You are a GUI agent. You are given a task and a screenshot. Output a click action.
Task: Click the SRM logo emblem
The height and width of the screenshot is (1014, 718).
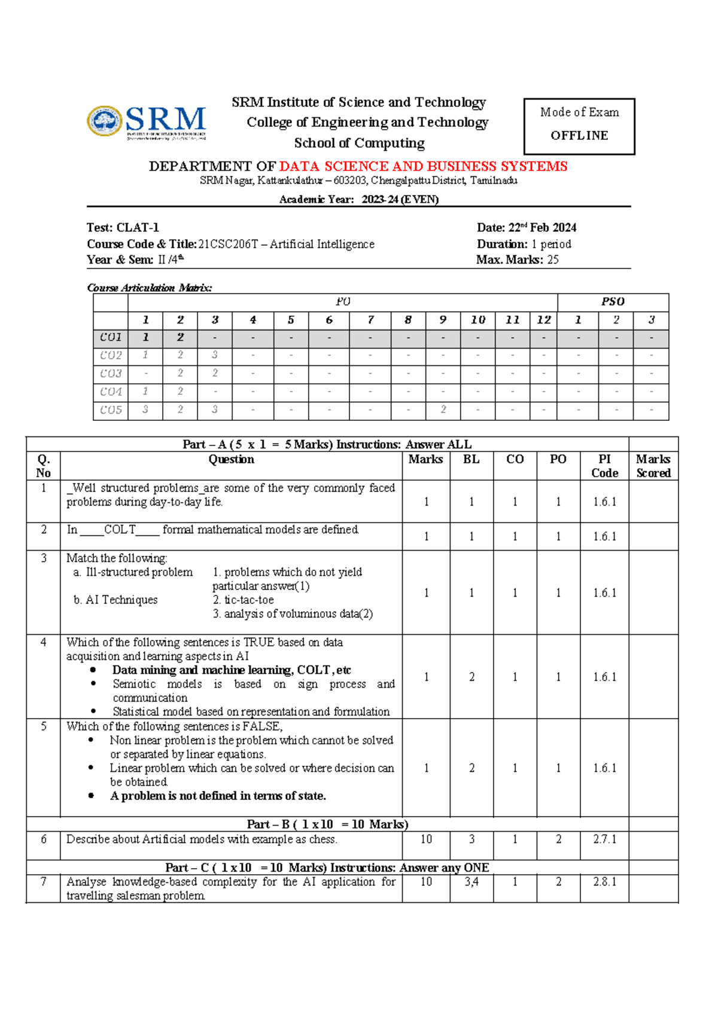click(105, 121)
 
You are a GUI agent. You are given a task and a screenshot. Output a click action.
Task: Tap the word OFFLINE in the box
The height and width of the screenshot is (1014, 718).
click(579, 136)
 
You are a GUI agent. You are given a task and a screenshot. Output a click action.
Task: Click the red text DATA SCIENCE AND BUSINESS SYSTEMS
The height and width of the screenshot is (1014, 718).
click(423, 166)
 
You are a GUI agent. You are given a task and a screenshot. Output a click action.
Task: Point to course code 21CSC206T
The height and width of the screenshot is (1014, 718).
click(228, 244)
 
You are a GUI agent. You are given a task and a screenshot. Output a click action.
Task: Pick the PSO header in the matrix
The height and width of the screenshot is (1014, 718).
click(613, 302)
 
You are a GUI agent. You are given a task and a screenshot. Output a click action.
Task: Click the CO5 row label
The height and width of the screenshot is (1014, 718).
click(111, 410)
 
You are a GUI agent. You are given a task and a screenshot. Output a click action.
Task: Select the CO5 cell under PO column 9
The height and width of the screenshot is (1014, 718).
click(443, 410)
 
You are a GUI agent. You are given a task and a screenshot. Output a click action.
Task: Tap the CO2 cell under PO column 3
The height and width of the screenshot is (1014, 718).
click(215, 355)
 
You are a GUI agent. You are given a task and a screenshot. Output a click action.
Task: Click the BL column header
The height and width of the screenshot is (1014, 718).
click(471, 459)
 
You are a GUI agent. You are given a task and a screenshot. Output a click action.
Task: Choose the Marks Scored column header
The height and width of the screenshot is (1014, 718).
click(653, 466)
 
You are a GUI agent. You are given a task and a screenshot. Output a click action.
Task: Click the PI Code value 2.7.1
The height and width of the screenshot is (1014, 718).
click(604, 839)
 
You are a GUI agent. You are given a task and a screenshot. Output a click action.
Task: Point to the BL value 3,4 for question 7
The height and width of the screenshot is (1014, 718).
click(471, 882)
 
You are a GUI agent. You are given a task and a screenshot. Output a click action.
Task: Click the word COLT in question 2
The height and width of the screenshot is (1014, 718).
click(120, 530)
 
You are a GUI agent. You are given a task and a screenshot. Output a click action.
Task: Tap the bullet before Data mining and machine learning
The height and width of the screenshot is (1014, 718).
click(92, 670)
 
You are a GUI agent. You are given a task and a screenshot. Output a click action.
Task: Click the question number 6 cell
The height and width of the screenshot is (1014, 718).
click(43, 839)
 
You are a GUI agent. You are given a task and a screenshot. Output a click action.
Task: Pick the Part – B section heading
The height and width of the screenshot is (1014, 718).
click(327, 824)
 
